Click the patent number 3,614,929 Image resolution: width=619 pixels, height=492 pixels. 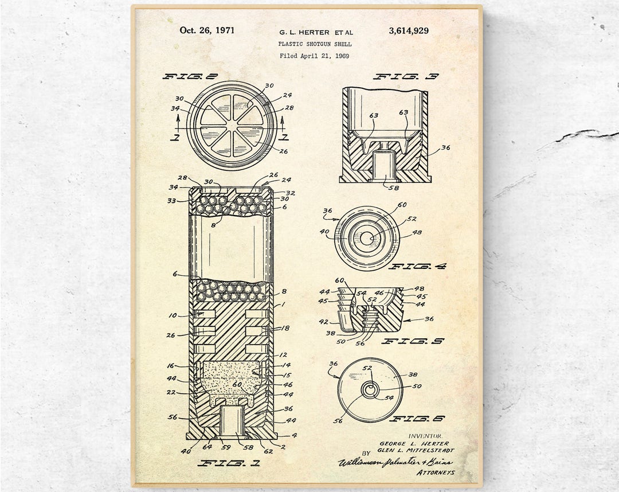[x=408, y=31]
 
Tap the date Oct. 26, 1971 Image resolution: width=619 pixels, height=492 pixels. [x=207, y=30]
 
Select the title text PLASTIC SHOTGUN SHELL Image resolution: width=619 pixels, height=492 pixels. [x=315, y=44]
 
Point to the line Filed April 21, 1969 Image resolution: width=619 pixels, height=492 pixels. [x=314, y=56]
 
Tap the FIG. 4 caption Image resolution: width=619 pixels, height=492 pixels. [x=417, y=266]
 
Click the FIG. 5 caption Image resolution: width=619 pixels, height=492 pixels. [x=413, y=341]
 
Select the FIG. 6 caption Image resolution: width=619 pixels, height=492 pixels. [x=417, y=418]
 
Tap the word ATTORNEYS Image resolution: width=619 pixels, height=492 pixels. [x=436, y=472]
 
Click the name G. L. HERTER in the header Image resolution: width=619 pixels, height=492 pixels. [x=304, y=32]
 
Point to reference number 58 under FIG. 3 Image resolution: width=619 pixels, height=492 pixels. [x=394, y=187]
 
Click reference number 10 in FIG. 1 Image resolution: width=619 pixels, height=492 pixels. [x=173, y=315]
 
